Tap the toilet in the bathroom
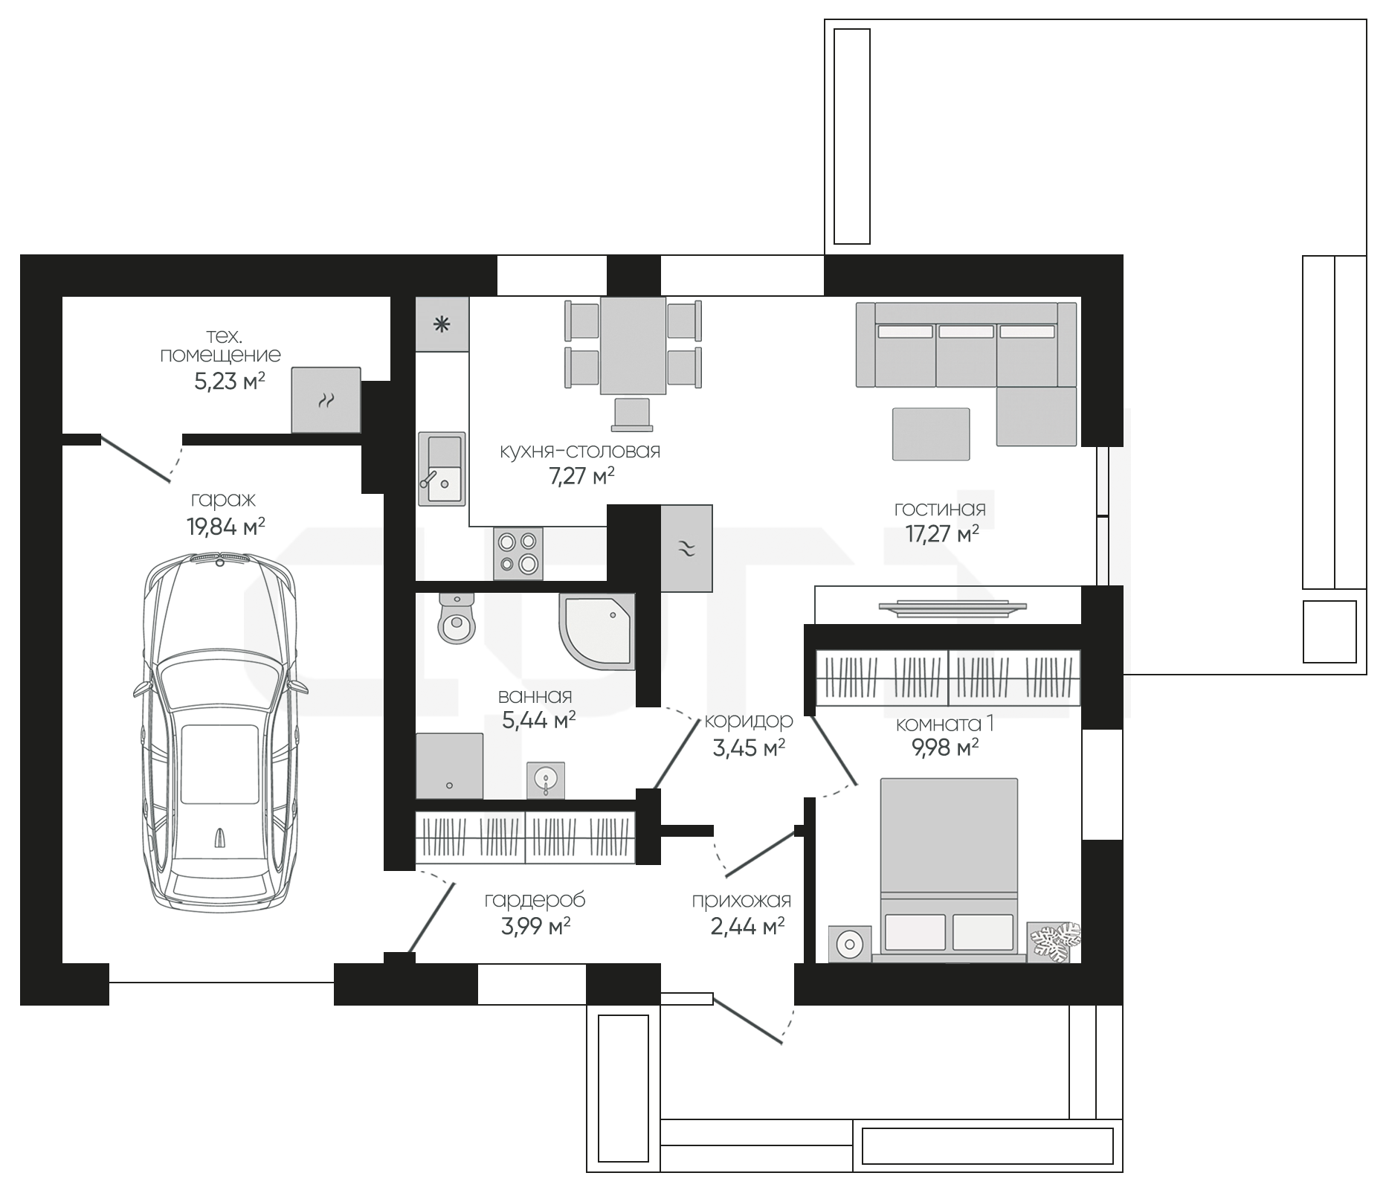tap(456, 618)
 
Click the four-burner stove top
tap(518, 553)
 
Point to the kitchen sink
tap(442, 469)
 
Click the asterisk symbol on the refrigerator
tap(442, 324)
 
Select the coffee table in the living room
tap(931, 434)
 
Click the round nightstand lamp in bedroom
tap(849, 945)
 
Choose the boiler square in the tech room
tap(326, 399)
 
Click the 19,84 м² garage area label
tap(226, 527)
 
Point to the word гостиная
tap(940, 510)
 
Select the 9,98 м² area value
tap(945, 748)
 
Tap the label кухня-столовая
tap(580, 451)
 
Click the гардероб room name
tap(535, 901)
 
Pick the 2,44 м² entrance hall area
tap(748, 927)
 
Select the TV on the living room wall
tap(953, 608)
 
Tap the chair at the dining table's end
tap(632, 414)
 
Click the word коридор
tap(749, 721)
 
